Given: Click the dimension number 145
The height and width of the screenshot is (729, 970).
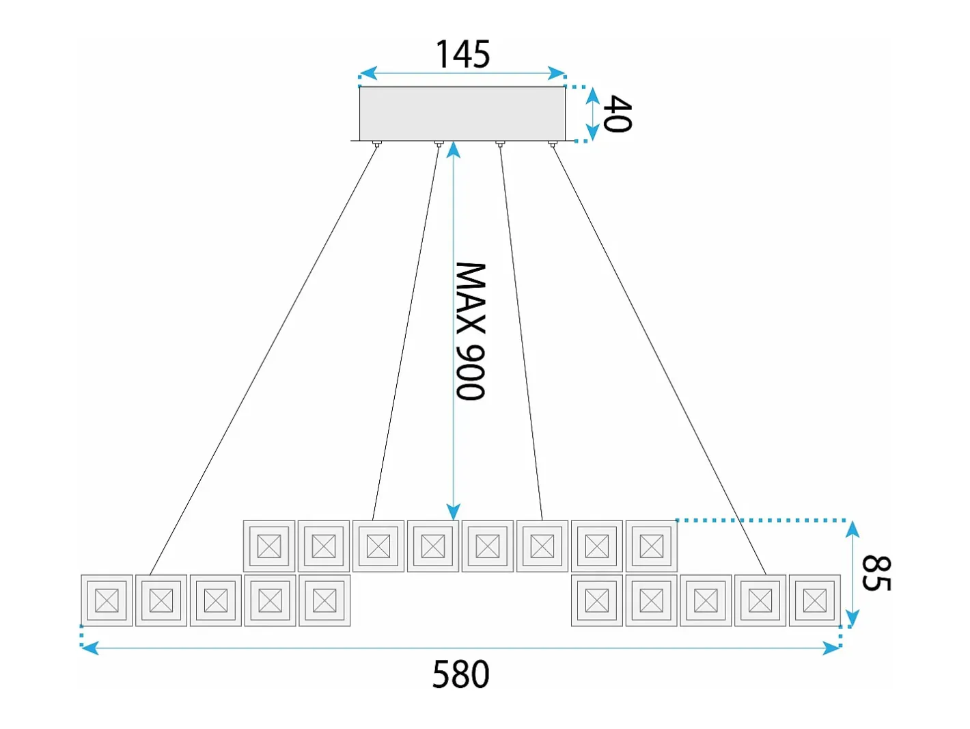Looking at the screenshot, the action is [462, 55].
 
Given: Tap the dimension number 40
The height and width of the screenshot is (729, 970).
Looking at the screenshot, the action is [618, 114].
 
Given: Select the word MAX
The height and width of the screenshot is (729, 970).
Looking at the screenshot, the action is [470, 298].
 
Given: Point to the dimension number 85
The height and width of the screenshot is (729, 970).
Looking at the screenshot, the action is [876, 573].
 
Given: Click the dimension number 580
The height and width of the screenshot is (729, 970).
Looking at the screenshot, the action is [461, 674].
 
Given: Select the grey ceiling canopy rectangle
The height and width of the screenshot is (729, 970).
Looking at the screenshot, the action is [462, 114].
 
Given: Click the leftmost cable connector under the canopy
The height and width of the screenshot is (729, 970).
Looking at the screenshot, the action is [376, 144].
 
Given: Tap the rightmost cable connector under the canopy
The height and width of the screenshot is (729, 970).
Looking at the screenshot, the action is [551, 144].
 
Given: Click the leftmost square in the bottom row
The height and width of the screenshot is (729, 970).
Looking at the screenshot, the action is [107, 600].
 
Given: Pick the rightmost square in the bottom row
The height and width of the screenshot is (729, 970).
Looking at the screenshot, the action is [815, 600].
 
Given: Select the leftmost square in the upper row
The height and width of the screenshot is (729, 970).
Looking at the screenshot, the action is [268, 546].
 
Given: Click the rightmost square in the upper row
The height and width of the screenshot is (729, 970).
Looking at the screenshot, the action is [652, 546].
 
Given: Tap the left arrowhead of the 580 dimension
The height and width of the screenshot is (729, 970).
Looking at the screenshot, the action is [89, 648].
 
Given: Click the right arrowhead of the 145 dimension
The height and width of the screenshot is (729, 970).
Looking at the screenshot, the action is [556, 73].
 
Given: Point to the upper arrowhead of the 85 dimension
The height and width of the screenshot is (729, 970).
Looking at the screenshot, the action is [853, 529].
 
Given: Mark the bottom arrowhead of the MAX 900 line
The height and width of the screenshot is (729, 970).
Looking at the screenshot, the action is [454, 512].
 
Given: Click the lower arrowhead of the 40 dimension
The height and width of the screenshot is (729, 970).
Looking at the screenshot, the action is [593, 133].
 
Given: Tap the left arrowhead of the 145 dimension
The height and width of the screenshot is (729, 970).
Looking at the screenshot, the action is [369, 73].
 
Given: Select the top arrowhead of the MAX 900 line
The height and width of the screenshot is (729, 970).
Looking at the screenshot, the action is [454, 150].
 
